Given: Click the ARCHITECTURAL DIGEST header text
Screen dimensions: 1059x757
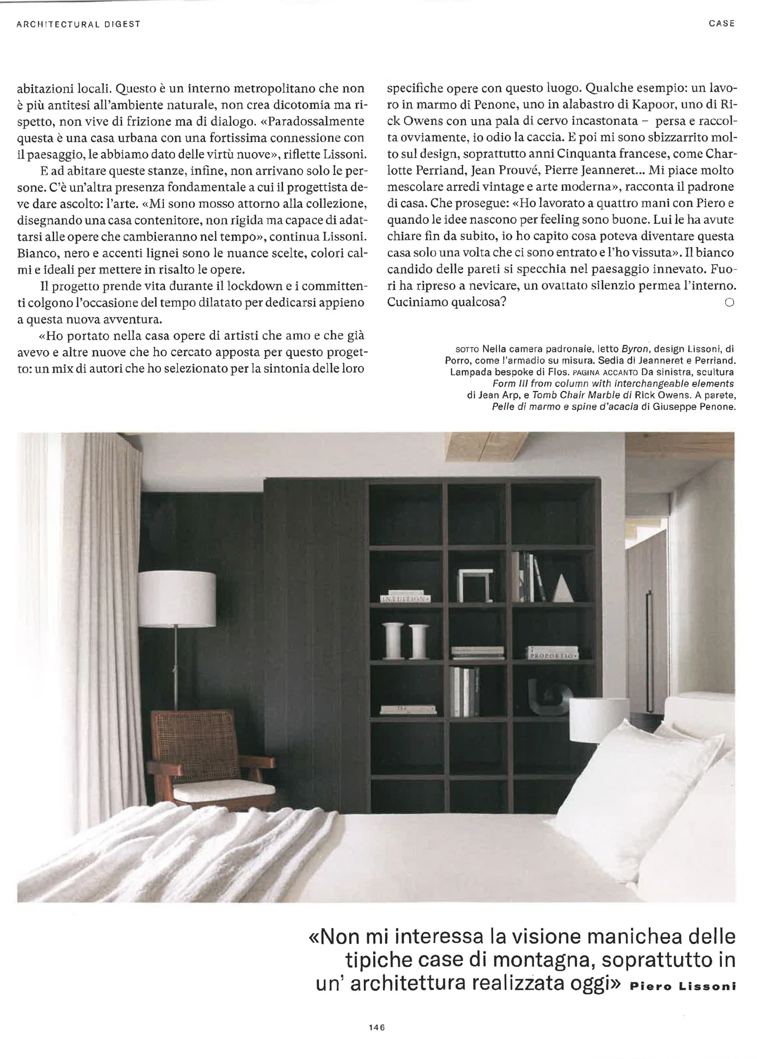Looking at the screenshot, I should tap(78, 24).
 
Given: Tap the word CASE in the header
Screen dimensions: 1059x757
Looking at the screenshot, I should tap(721, 23).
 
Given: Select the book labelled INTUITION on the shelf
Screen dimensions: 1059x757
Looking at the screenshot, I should tap(405, 598).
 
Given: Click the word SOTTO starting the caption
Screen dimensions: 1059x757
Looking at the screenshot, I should tap(466, 349).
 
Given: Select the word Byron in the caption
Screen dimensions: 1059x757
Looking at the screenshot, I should tap(635, 348).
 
